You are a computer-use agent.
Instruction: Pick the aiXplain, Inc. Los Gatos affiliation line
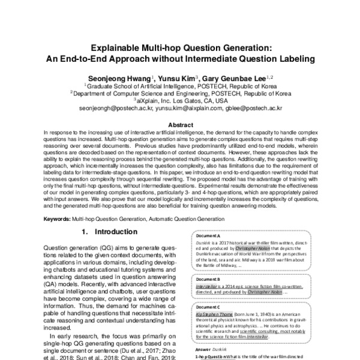click(180, 101)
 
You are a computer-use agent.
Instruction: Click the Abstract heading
click(180, 124)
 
